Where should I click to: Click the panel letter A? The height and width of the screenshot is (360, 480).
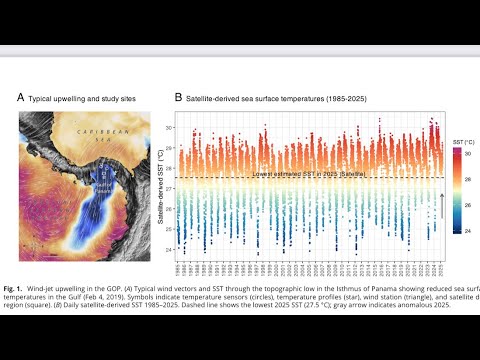[x=20, y=98]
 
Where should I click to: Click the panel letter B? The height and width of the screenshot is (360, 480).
[x=179, y=98]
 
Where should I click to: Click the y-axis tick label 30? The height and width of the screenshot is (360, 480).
[x=168, y=129]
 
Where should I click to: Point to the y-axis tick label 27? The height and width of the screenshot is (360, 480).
[x=168, y=189]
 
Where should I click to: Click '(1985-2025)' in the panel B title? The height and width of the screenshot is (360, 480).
[x=355, y=99]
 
